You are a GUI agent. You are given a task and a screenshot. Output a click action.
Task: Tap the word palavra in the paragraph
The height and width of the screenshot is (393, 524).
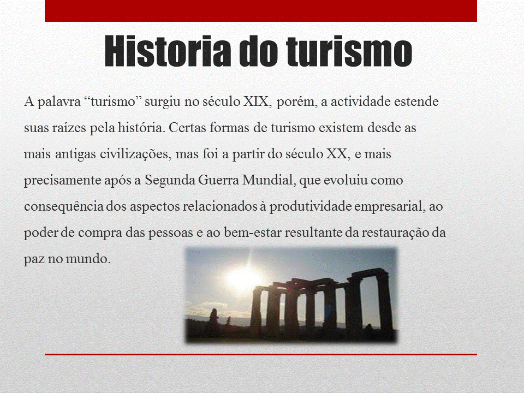coord(59,102)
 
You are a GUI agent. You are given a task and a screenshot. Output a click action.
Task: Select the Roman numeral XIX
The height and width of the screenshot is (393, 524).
coord(255,102)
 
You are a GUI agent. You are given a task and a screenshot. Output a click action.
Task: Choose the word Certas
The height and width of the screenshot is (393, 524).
coord(187,127)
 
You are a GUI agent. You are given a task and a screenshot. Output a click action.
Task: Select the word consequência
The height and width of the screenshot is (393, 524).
coord(63,206)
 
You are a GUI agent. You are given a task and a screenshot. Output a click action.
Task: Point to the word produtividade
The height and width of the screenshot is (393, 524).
coord(310,206)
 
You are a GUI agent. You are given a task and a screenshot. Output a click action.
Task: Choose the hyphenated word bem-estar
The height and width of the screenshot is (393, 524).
coord(253,233)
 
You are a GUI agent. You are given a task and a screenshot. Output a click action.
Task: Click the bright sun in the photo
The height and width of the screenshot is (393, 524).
coord(244,277)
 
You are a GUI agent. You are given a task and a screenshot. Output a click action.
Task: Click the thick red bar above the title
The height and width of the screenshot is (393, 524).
coord(261,11)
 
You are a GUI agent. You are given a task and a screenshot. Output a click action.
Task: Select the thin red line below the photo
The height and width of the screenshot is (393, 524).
coord(261,354)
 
